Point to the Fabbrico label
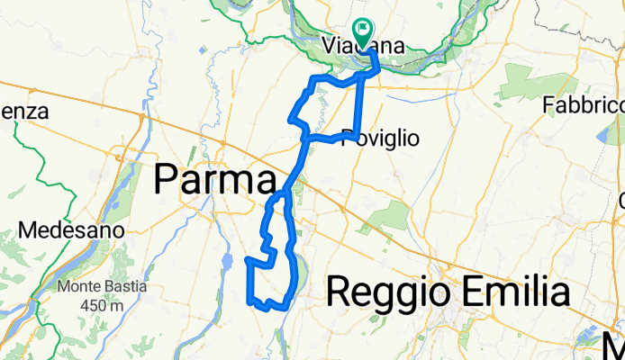pos(583,106)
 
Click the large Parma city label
pos(213,179)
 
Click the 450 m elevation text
pos(100,305)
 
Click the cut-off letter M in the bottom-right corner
pos(613,344)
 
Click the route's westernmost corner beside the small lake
pos(247,259)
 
